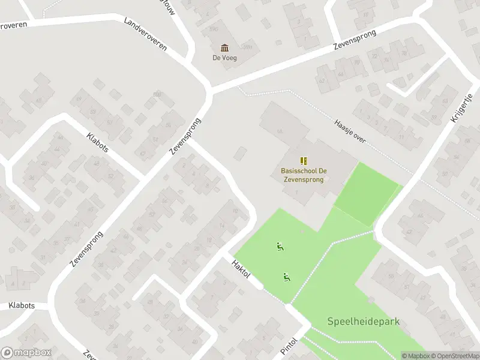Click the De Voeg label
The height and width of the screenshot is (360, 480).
(224, 58)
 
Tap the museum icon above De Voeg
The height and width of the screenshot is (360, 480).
(224, 48)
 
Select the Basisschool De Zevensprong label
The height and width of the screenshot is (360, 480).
(304, 175)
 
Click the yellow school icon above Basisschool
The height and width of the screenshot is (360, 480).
(304, 160)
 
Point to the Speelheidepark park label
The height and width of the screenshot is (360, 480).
(363, 321)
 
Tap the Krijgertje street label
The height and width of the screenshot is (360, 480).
(462, 108)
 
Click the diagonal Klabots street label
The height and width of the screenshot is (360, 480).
(97, 142)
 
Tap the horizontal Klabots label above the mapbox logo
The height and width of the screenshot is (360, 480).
(22, 305)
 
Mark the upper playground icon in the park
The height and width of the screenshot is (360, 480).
(280, 246)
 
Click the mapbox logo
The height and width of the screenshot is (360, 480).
(26, 352)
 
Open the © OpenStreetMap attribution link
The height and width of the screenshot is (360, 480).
(454, 356)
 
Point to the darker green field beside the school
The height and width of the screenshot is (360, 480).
(366, 192)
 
